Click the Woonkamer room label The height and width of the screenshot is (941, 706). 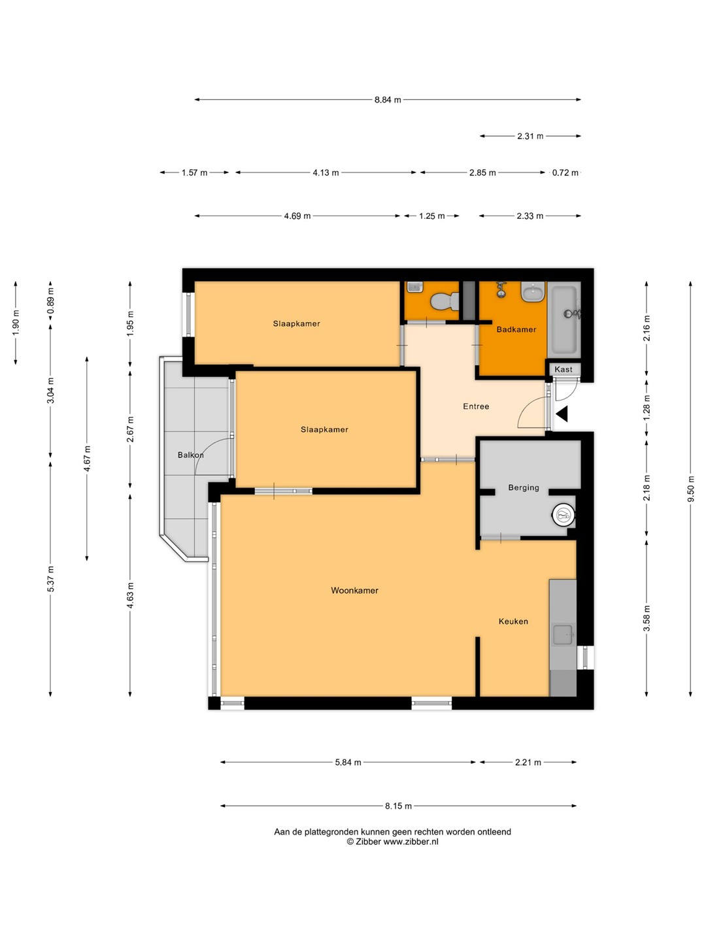(354, 590)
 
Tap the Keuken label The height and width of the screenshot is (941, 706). (513, 621)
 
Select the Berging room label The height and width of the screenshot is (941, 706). (524, 487)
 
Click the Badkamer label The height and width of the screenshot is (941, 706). (516, 329)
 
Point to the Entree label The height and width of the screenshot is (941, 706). (476, 406)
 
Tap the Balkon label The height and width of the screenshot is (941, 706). (190, 455)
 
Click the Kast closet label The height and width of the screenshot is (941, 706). (563, 369)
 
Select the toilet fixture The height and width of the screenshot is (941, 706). (445, 301)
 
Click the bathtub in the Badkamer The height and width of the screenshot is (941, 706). (565, 320)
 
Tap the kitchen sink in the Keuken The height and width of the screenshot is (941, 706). (563, 635)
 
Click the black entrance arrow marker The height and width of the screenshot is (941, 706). (562, 414)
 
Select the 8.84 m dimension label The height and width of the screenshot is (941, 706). (388, 100)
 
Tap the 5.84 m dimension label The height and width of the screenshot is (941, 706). (348, 762)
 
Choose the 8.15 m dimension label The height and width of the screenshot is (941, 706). (398, 806)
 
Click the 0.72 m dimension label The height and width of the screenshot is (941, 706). (565, 173)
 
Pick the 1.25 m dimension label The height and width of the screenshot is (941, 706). (431, 216)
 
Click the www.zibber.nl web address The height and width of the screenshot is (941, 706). (411, 842)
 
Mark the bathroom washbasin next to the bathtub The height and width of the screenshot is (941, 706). (533, 292)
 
